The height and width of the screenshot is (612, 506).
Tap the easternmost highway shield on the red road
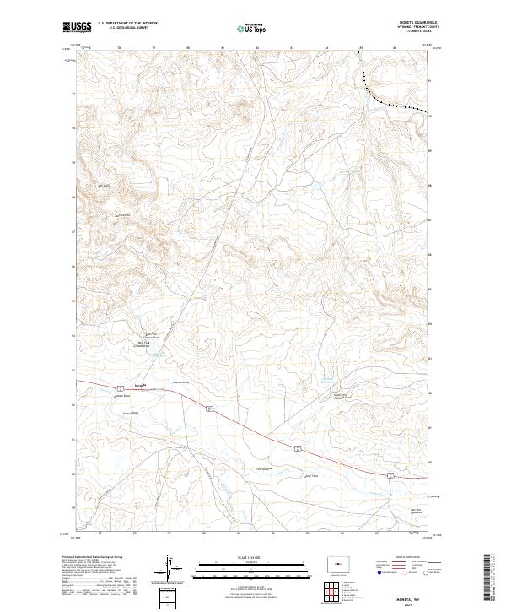tap(390, 477)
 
